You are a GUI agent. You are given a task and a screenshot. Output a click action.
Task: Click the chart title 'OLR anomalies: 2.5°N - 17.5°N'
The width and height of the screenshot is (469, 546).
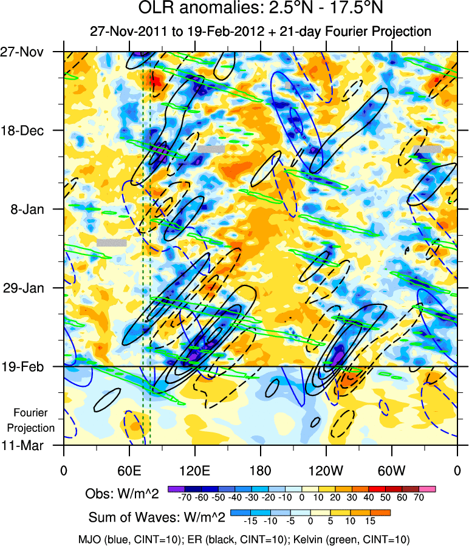(x=262, y=10)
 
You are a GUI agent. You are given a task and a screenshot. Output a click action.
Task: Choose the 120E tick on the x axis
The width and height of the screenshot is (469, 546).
(x=195, y=470)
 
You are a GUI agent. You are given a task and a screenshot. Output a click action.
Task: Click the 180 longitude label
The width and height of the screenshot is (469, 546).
(x=260, y=470)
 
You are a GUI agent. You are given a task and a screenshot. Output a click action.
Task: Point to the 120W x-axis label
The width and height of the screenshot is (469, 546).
(x=326, y=470)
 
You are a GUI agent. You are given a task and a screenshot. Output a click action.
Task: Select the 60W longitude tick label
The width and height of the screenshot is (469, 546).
(x=392, y=470)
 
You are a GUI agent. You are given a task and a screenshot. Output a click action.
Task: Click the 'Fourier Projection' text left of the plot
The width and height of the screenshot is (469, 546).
(x=34, y=420)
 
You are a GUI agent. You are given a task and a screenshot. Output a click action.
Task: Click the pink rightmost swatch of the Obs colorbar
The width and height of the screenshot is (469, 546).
(x=428, y=488)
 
